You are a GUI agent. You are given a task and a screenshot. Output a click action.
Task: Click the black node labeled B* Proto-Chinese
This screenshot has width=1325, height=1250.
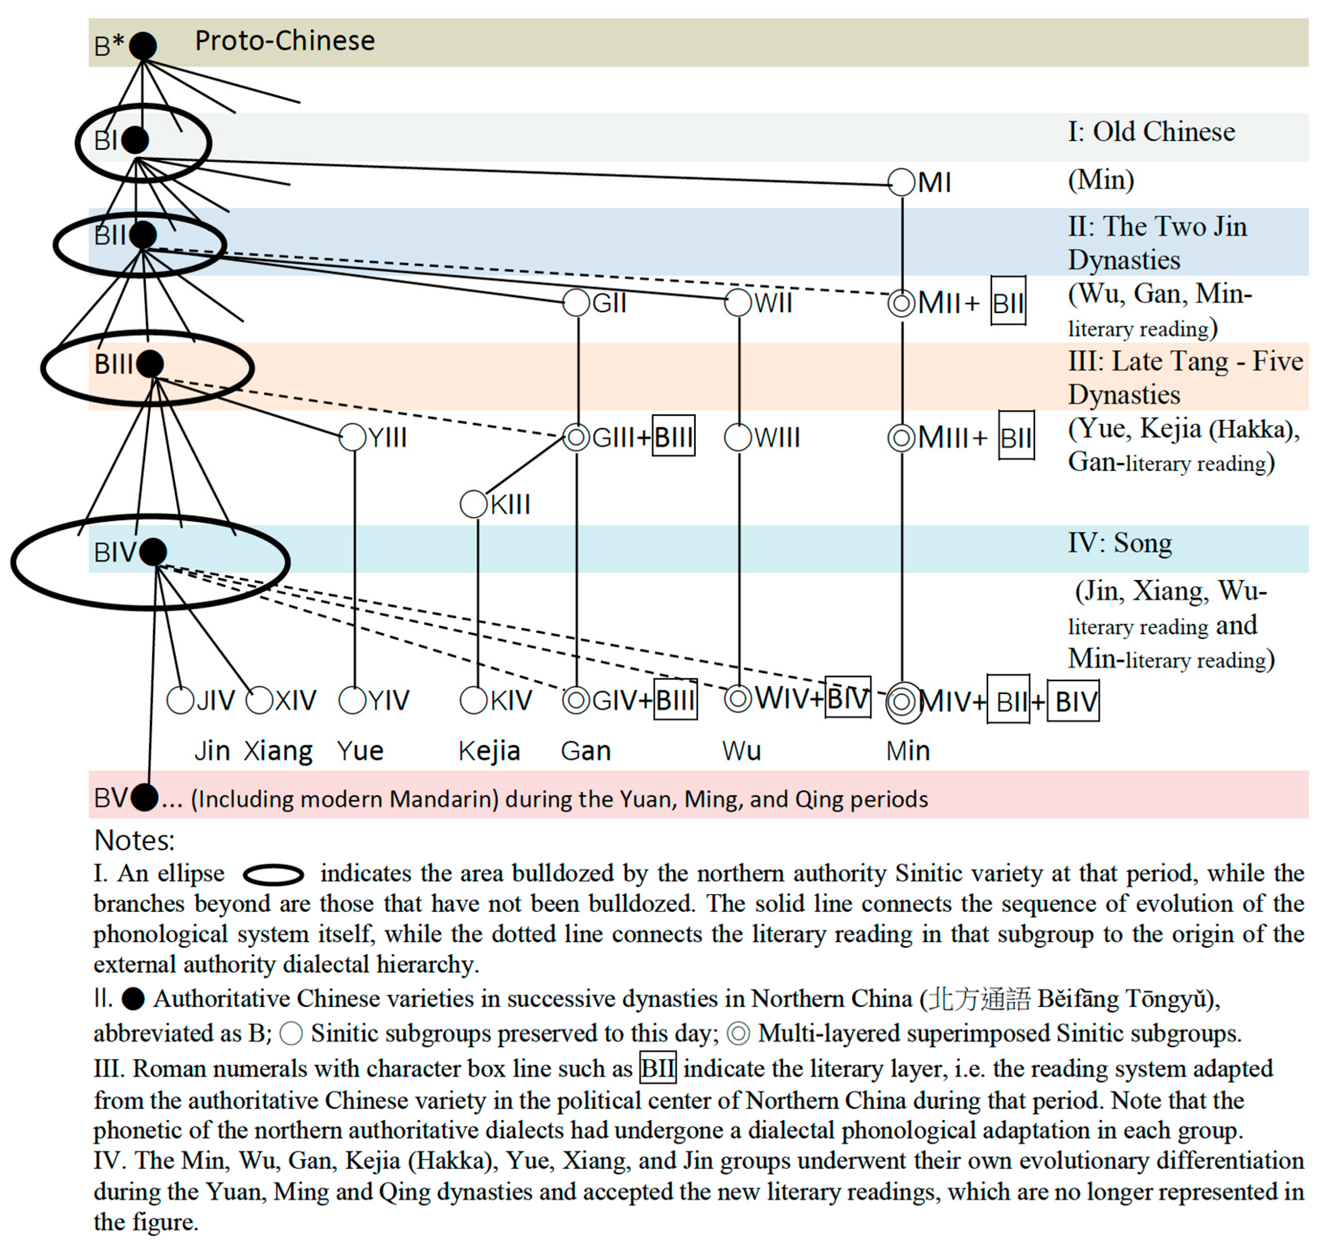click(143, 45)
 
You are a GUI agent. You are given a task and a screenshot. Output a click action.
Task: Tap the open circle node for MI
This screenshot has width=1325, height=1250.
click(902, 182)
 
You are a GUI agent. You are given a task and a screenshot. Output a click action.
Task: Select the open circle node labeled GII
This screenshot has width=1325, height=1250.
click(577, 302)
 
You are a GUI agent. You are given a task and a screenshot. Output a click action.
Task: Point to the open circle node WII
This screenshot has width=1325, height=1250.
click(738, 302)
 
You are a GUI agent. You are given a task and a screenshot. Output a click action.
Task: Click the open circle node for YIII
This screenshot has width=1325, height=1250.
click(353, 437)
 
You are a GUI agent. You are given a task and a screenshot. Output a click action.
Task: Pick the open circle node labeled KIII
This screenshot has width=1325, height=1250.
click(473, 504)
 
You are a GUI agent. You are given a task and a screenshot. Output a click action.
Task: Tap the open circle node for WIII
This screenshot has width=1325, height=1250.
click(738, 437)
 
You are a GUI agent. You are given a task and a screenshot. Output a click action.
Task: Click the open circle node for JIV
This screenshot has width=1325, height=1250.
click(180, 700)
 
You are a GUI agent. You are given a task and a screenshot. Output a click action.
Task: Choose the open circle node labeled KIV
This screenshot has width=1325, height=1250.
click(473, 700)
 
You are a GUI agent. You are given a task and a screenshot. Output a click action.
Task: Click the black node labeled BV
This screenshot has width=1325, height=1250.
click(145, 797)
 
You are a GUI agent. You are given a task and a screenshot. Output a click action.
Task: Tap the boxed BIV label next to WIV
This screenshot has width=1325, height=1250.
click(848, 697)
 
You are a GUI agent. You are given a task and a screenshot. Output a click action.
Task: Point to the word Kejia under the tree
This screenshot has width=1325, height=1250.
click(489, 751)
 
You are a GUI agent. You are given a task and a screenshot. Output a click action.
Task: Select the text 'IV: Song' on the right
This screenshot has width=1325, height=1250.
click(1120, 543)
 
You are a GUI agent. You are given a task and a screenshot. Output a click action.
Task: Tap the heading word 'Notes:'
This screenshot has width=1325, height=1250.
click(134, 840)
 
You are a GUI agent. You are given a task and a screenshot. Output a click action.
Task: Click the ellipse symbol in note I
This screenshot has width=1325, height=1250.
click(273, 874)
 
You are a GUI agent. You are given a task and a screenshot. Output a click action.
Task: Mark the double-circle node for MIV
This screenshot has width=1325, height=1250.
click(903, 702)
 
